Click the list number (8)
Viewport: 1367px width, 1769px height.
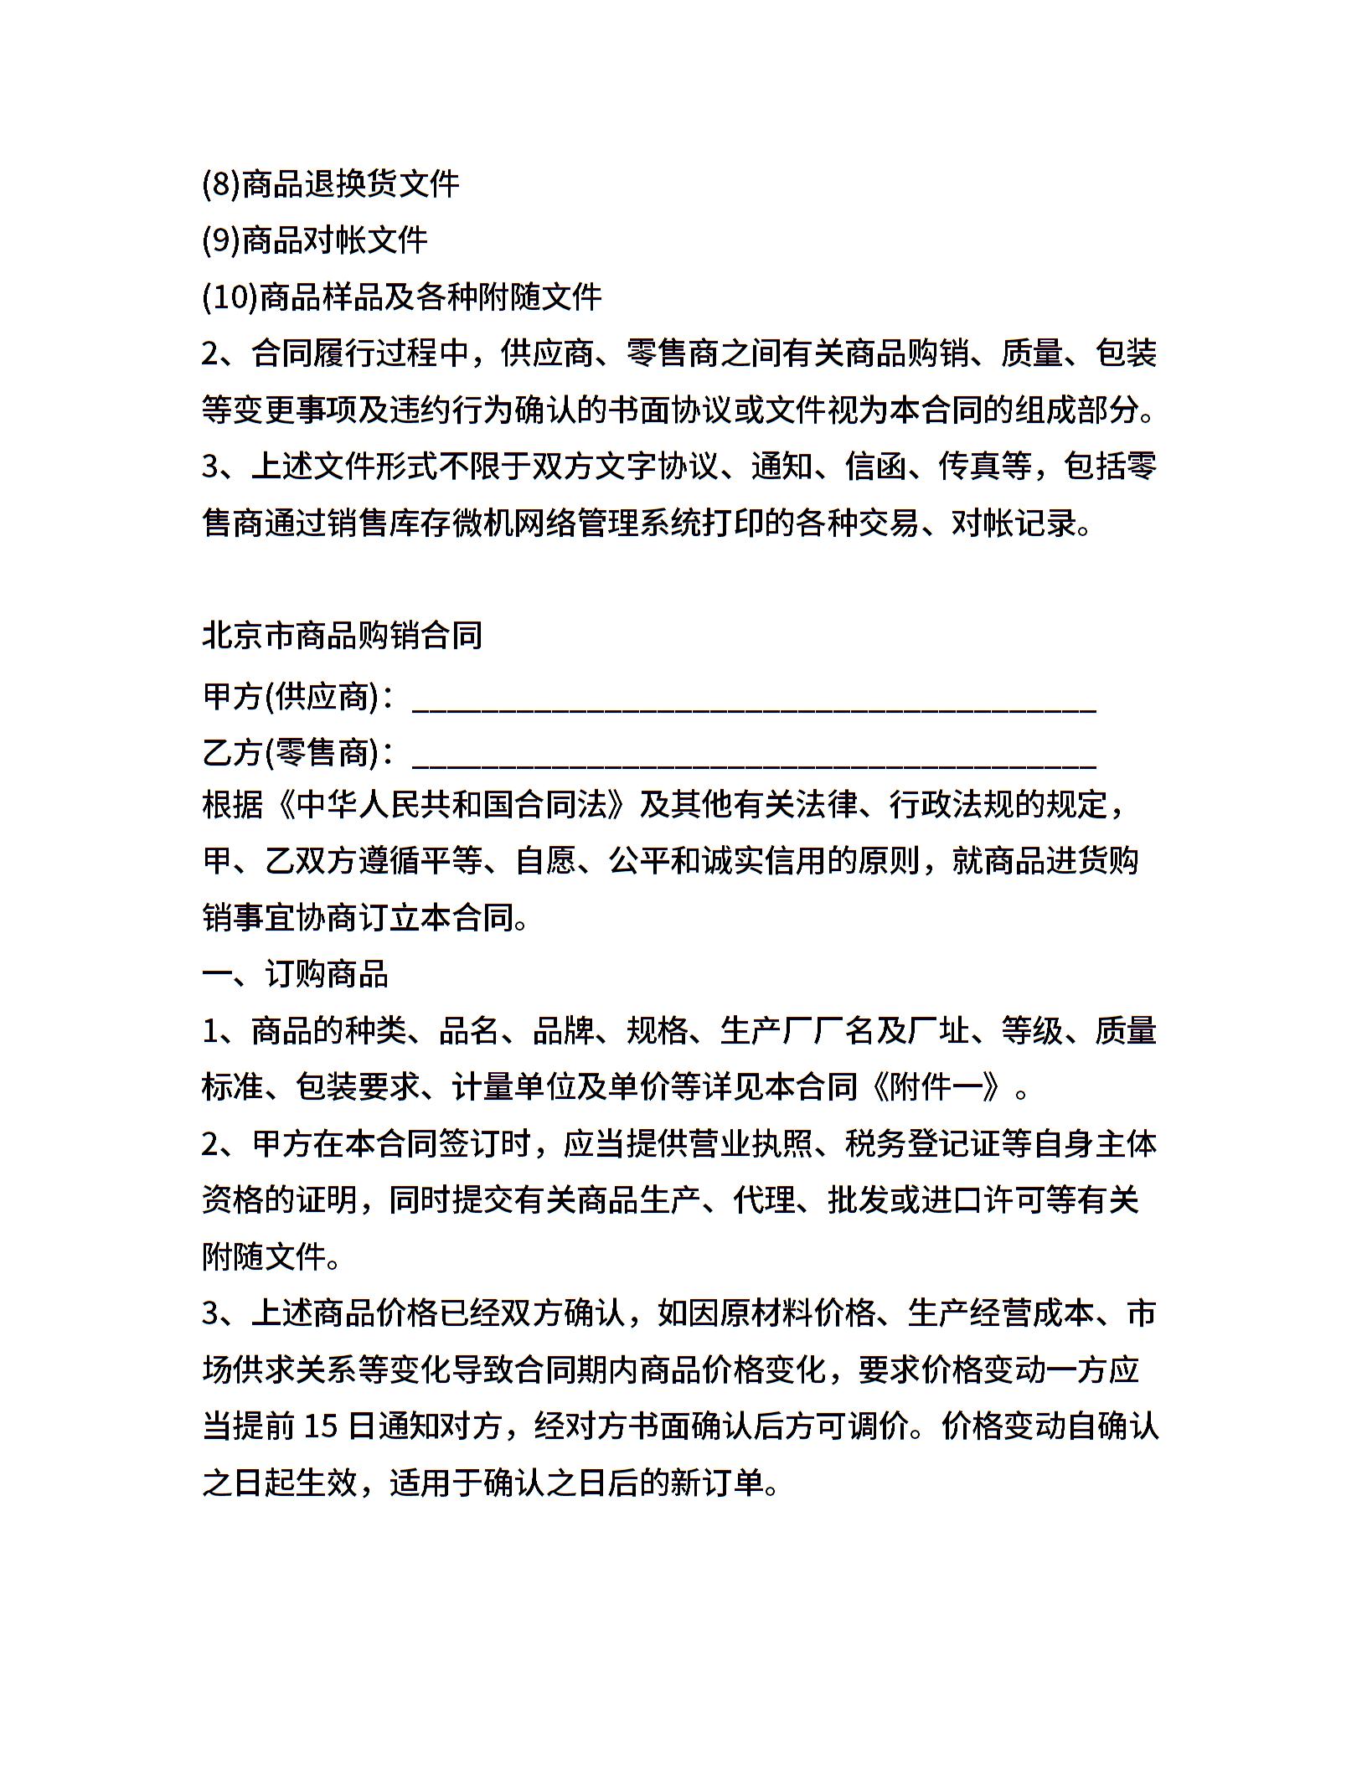221,184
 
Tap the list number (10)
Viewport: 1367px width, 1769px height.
230,297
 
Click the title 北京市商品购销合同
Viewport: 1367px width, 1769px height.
343,636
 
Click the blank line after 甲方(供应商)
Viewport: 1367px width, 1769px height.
754,704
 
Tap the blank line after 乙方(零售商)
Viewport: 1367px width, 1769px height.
754,760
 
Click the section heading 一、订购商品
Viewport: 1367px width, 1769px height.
295,974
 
